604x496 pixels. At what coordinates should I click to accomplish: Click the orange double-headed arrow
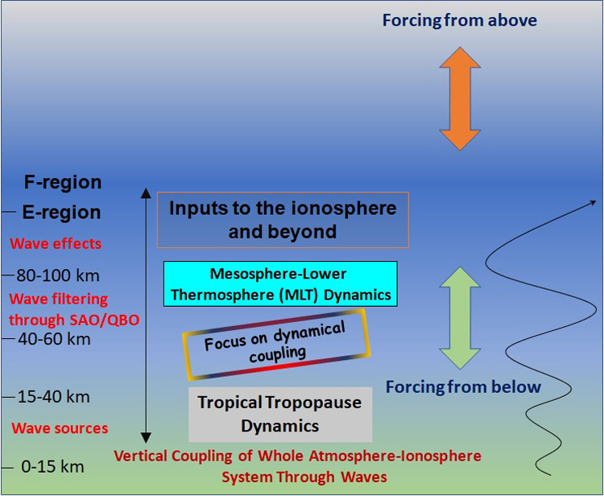click(460, 98)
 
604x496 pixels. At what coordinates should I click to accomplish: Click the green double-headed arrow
click(460, 318)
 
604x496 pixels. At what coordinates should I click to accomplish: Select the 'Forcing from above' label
click(460, 20)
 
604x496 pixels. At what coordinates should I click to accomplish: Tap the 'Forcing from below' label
click(463, 386)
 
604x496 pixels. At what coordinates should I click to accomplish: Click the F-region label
click(63, 182)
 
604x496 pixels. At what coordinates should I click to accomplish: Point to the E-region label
click(62, 213)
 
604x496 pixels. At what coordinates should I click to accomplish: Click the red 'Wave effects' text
click(56, 243)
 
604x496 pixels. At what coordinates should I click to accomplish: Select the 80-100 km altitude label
click(58, 275)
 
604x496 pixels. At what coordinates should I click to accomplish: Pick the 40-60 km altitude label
click(54, 339)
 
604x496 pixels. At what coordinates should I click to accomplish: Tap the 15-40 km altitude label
click(54, 397)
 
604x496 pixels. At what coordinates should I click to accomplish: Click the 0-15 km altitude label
click(53, 467)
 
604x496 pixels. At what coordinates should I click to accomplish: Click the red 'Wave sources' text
click(60, 428)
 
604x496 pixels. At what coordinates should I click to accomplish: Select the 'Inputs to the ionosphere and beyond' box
click(283, 220)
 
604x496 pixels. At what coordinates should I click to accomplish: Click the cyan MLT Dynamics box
click(280, 283)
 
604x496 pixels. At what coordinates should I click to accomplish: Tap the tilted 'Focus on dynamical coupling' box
click(276, 345)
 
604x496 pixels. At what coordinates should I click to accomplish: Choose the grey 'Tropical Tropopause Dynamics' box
click(280, 415)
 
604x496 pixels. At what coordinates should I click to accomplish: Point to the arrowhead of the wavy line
click(594, 203)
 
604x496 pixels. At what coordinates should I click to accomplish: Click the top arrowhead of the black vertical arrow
click(146, 193)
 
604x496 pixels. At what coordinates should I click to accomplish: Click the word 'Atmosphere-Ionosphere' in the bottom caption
click(395, 456)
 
